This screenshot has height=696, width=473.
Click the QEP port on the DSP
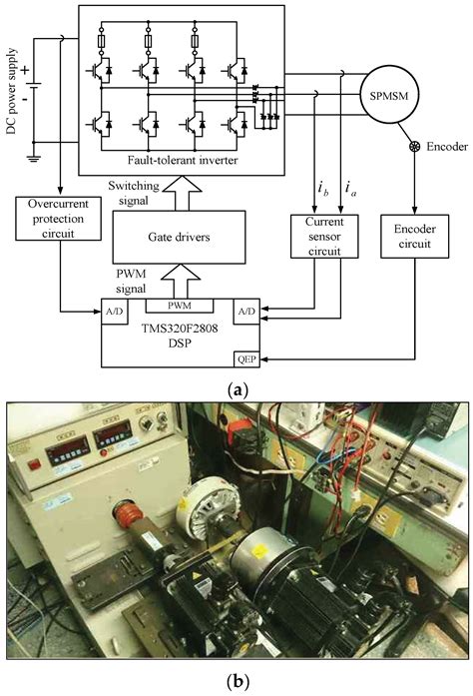(247, 354)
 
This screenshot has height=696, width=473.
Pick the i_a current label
(347, 187)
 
